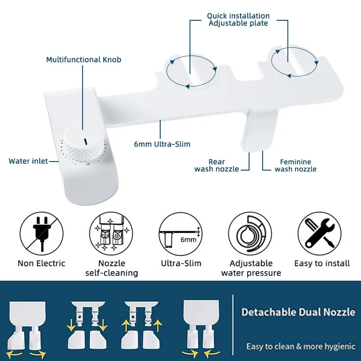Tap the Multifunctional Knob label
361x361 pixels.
(83, 60)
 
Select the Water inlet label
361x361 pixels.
(28, 161)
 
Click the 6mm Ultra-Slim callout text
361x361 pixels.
(162, 144)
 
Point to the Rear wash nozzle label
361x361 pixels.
(217, 165)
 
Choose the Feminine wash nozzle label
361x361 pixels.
(296, 165)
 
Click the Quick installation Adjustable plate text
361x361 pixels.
(238, 19)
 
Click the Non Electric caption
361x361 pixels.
(42, 264)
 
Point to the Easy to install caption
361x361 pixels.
(322, 264)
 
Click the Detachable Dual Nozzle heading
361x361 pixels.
(298, 312)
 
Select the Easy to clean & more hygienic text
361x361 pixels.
(301, 347)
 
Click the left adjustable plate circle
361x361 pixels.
(192, 71)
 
